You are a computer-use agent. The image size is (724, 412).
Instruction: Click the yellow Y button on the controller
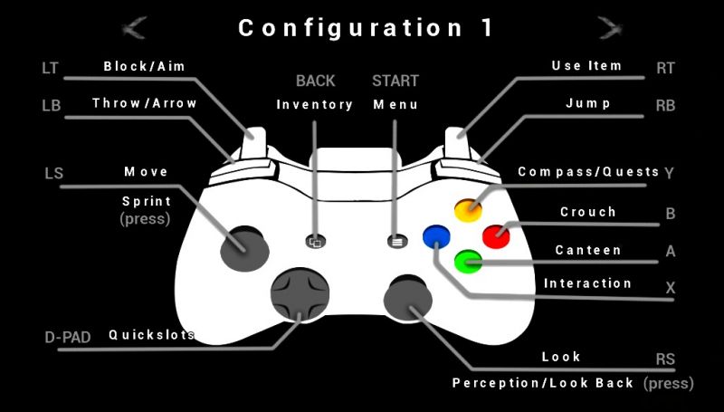point(468,210)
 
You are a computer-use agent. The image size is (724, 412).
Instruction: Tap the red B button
point(496,235)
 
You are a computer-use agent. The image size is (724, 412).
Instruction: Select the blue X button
point(436,236)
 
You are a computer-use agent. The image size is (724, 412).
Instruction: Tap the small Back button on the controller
point(315,242)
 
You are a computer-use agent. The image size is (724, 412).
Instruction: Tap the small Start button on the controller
point(395,242)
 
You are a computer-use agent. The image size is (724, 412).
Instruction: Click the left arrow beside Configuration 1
point(135,27)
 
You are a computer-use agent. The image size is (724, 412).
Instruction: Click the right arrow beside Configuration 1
point(609,27)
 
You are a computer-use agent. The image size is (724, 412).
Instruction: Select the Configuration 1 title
point(367,28)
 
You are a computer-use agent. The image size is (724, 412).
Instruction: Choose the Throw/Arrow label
point(145,103)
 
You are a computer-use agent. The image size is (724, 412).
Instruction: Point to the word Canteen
point(588,250)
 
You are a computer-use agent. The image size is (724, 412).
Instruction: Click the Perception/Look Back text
point(543,383)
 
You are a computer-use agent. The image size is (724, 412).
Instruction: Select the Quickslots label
point(152,334)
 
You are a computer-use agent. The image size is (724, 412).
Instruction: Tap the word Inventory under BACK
point(315,105)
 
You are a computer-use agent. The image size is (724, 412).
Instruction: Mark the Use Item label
point(586,66)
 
